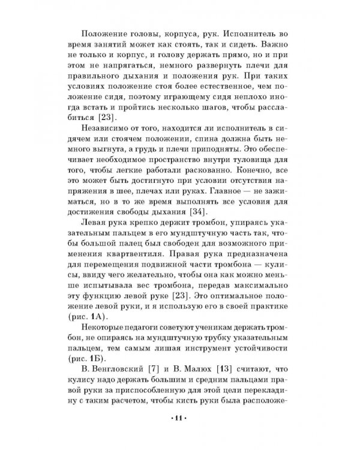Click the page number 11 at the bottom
coord(179,418)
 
